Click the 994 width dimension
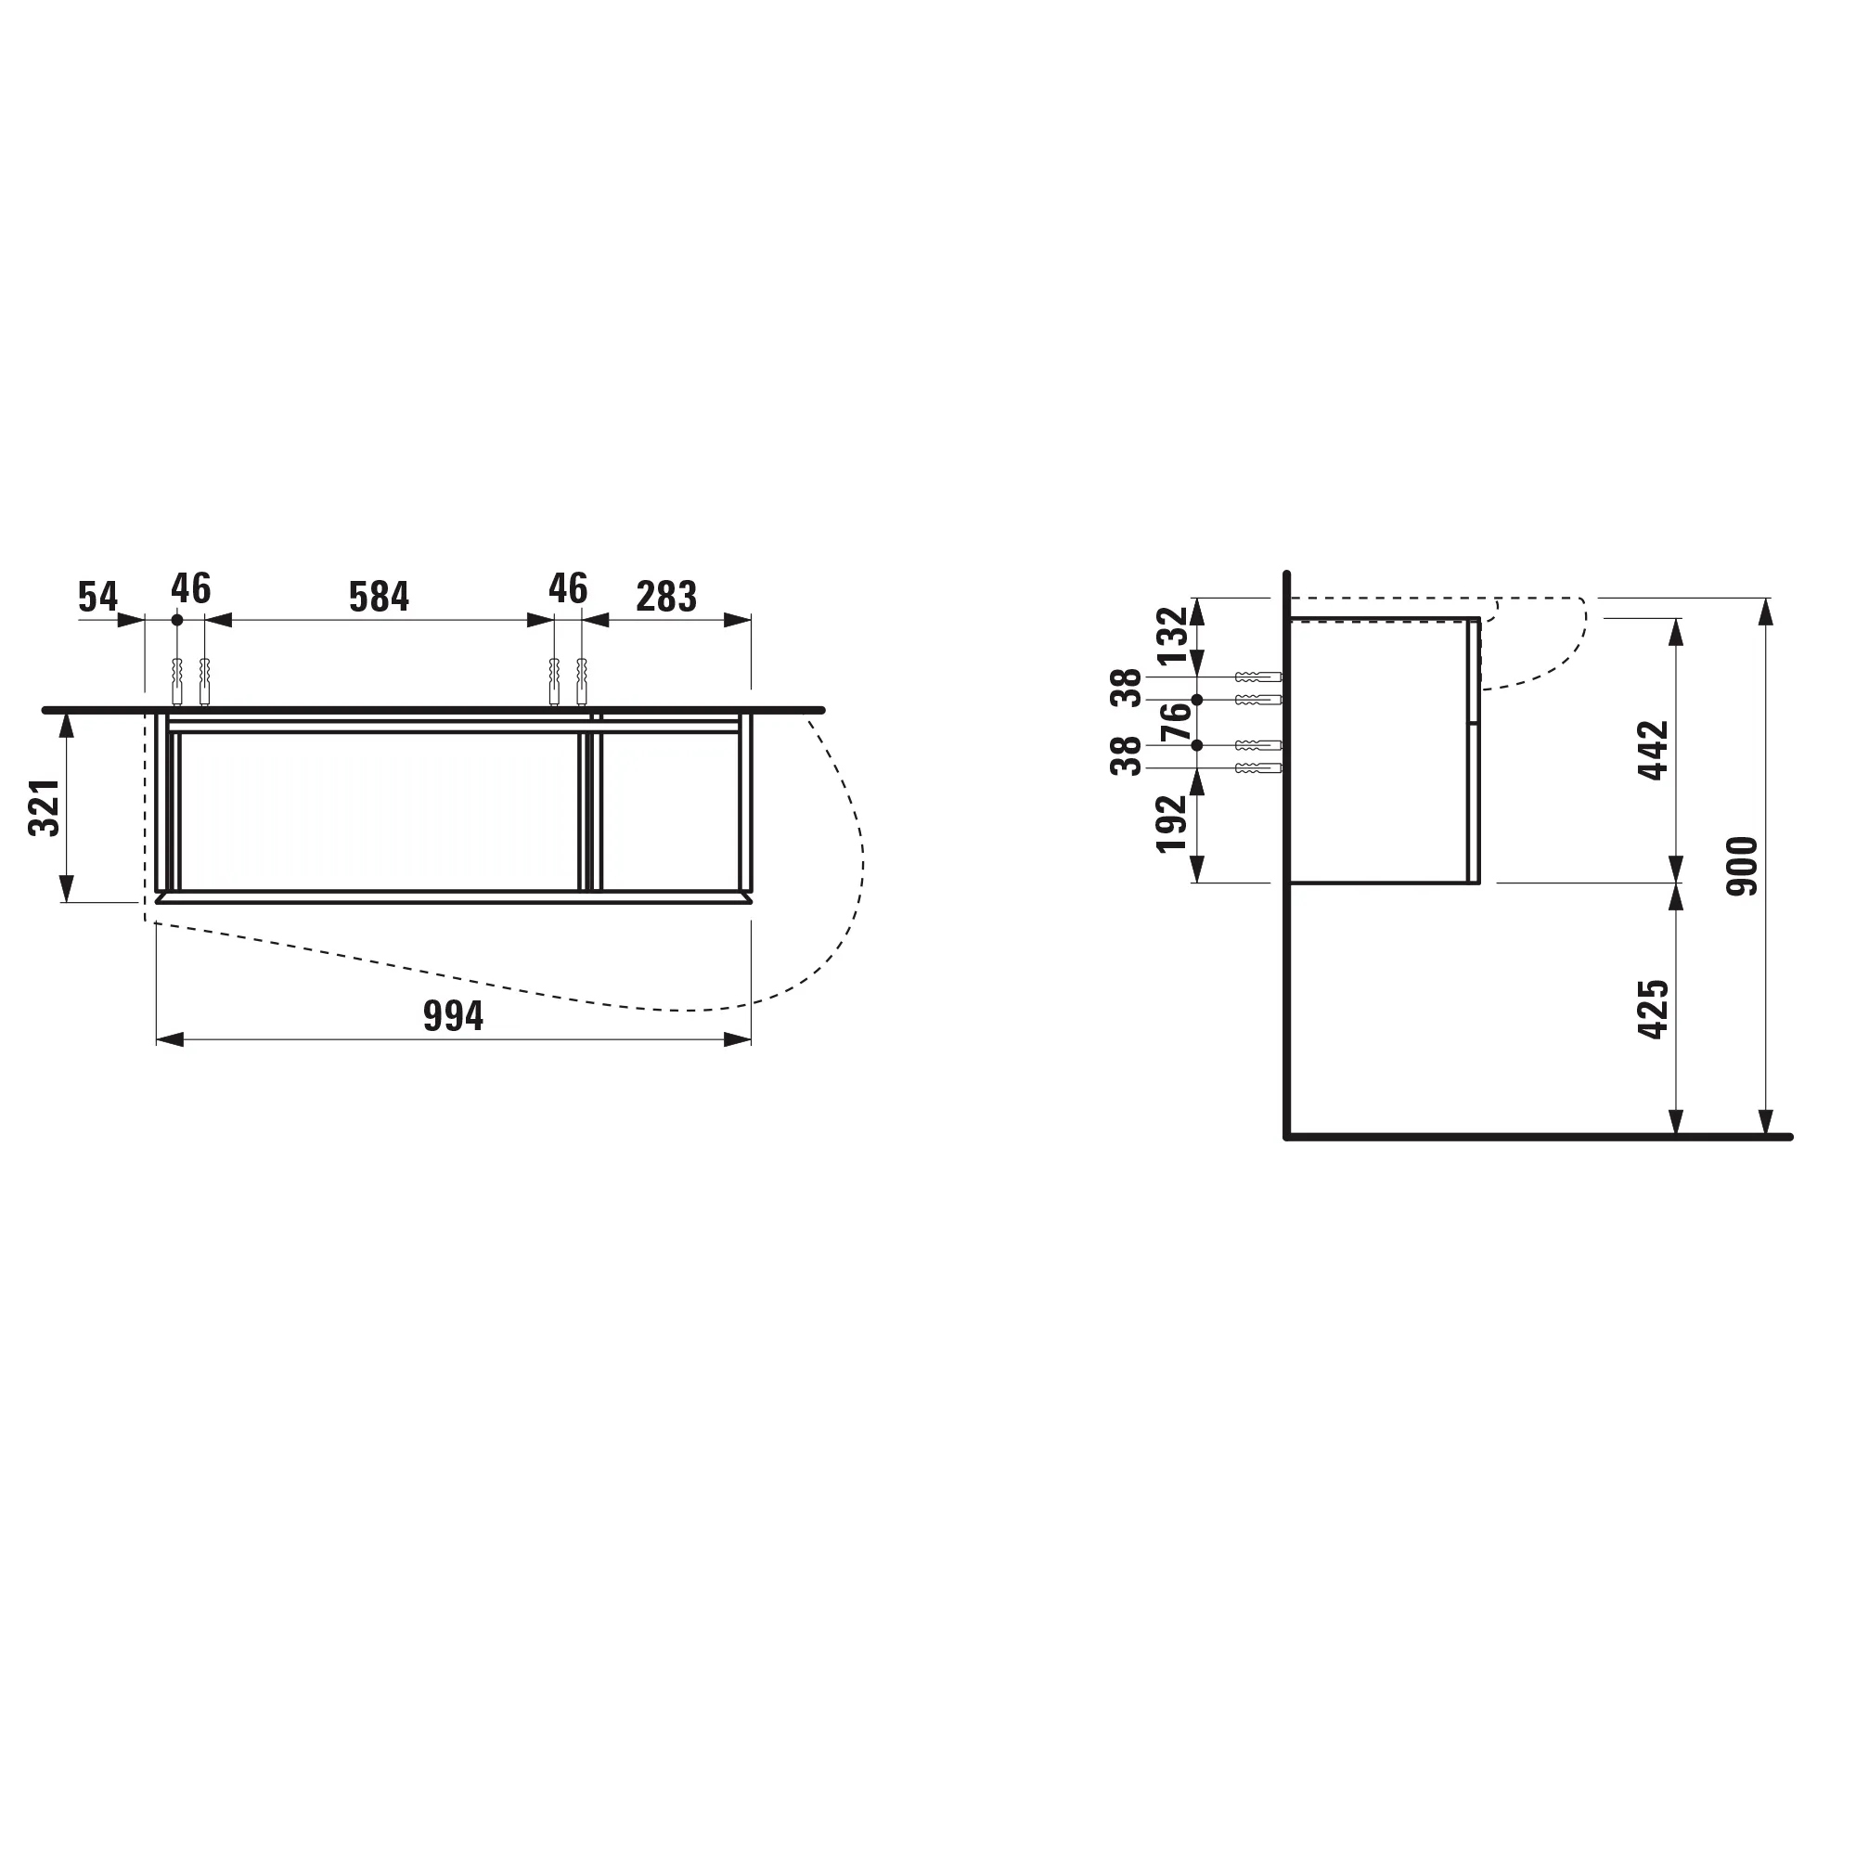click(453, 1016)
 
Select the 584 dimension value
click(379, 597)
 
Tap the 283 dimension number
click(665, 597)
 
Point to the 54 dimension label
click(98, 597)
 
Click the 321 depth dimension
click(45, 807)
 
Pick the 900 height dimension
click(1742, 867)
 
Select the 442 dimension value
click(1654, 750)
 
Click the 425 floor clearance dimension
click(1654, 1009)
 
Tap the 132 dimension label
click(1172, 636)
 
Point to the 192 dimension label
click(1172, 823)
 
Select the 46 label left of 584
click(190, 589)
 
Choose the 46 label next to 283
click(568, 589)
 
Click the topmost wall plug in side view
click(1257, 677)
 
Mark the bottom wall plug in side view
click(1257, 767)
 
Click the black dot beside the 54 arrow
click(176, 620)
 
